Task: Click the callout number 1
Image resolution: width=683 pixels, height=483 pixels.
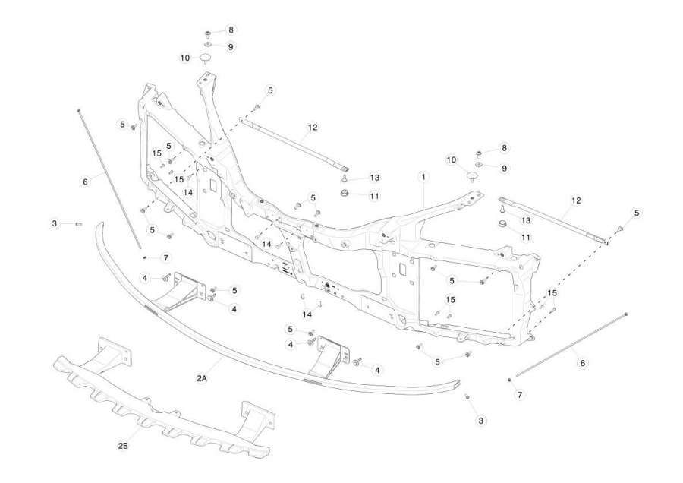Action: pos(423,177)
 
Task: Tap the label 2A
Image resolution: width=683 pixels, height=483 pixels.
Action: pos(201,378)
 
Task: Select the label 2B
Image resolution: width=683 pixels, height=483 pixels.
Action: pos(123,446)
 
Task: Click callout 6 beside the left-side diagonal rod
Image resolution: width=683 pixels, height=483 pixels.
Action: pos(85,182)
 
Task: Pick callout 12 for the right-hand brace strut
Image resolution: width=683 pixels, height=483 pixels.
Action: pos(576,200)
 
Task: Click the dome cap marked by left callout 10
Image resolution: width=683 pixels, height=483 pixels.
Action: pos(206,58)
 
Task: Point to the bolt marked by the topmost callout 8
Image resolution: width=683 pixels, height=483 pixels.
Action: pos(208,33)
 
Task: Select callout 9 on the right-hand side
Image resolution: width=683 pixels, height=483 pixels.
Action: pos(505,169)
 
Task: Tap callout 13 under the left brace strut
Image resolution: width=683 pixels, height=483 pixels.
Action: pos(375,178)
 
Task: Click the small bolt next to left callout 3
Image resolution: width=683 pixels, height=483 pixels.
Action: pos(78,223)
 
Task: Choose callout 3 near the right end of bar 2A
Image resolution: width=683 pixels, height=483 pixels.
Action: pos(480,421)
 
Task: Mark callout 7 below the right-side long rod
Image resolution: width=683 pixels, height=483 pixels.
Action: pos(519,395)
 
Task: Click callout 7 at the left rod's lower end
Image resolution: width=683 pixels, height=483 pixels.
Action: pos(165,258)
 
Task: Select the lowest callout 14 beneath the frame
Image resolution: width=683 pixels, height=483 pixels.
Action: pos(307,314)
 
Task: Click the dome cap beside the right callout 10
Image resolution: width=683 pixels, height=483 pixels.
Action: pos(471,176)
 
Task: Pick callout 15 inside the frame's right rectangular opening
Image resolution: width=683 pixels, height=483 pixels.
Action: pos(450,300)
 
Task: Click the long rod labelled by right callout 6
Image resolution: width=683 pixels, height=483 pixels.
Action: pos(571,344)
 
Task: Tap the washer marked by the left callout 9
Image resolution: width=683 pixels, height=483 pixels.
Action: pos(208,45)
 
